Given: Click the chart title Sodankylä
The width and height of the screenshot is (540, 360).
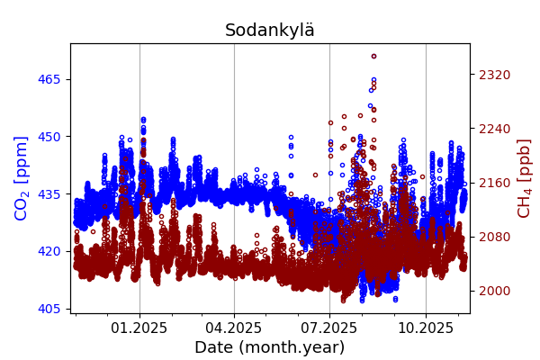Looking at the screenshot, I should pyautogui.click(x=270, y=31).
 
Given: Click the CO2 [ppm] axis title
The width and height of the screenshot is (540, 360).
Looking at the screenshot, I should pyautogui.click(x=22, y=178).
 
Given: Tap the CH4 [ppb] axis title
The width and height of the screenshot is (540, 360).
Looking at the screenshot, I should pyautogui.click(x=524, y=178).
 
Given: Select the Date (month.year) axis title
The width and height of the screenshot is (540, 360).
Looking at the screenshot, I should pyautogui.click(x=269, y=347).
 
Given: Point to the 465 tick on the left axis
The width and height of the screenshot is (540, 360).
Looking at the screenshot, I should pyautogui.click(x=49, y=79).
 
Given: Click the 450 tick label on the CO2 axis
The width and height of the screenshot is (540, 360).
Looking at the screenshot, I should pyautogui.click(x=49, y=137).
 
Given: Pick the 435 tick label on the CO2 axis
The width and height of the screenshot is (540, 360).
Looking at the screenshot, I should pyautogui.click(x=49, y=193).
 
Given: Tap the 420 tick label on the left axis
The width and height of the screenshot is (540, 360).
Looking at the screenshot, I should pyautogui.click(x=49, y=251).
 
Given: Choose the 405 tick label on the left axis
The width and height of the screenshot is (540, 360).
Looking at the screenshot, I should pyautogui.click(x=49, y=309).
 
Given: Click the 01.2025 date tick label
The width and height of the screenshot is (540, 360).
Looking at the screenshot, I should pyautogui.click(x=139, y=328).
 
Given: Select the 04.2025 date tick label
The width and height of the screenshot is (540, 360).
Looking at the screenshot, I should pyautogui.click(x=234, y=328).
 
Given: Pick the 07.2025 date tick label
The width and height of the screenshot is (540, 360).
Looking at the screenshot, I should pyautogui.click(x=329, y=328).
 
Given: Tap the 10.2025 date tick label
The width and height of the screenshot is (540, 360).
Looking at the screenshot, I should pyautogui.click(x=426, y=328).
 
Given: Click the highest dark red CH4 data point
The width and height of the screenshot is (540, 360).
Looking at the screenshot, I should pyautogui.click(x=373, y=56).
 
